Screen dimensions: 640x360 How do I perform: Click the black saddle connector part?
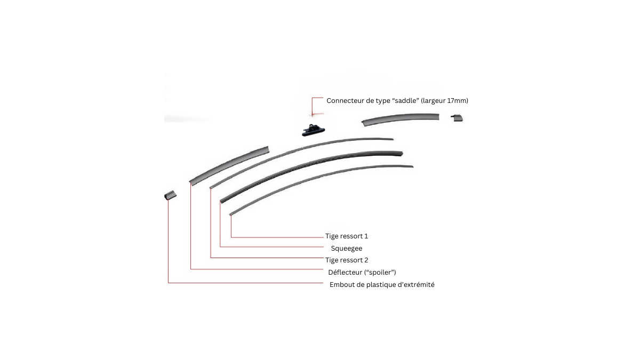pyautogui.click(x=314, y=130)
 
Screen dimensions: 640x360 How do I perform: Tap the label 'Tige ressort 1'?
pyautogui.click(x=347, y=236)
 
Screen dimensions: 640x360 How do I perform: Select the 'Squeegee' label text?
pyautogui.click(x=347, y=249)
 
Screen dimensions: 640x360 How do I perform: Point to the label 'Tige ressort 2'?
pyautogui.click(x=347, y=260)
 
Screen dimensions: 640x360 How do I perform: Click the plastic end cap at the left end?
pyautogui.click(x=170, y=195)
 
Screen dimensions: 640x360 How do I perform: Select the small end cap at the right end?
pyautogui.click(x=457, y=118)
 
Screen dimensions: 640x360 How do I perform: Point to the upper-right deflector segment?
pyautogui.click(x=401, y=119)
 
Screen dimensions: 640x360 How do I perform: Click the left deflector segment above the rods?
pyautogui.click(x=229, y=165)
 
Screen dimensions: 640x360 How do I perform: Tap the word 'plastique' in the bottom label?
pyautogui.click(x=381, y=285)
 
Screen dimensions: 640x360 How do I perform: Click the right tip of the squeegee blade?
pyautogui.click(x=403, y=154)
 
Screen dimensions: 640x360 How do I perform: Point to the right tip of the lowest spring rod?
pyautogui.click(x=413, y=166)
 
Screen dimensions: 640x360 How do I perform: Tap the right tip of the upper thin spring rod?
pyautogui.click(x=394, y=139)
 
